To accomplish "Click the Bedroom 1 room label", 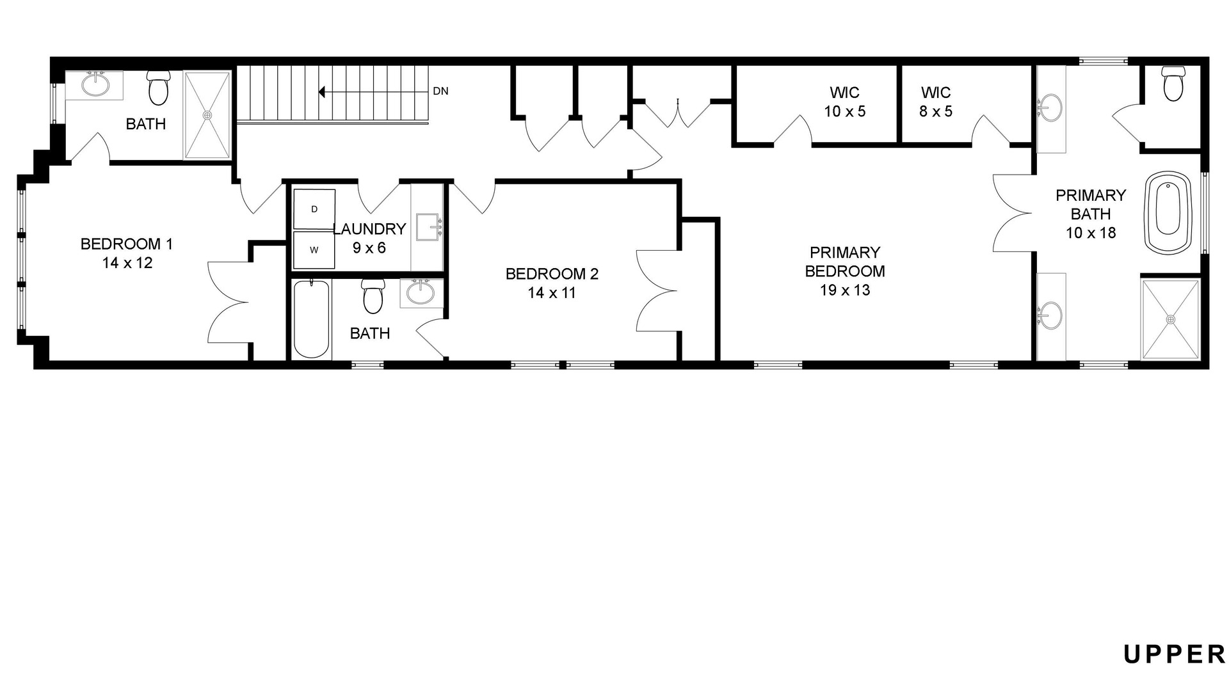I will coord(127,253).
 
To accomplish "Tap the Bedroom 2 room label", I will coord(552,283).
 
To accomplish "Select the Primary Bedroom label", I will coord(845,271).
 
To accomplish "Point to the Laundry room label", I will coord(370,238).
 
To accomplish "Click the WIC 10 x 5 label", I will coord(844,102).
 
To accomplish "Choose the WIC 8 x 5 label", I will coord(936,102).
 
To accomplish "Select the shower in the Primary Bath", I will coord(1170,319).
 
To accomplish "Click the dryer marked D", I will coord(314,209).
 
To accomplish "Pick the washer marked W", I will coord(314,250).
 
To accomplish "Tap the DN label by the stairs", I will coord(440,91).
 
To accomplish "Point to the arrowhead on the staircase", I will coord(322,92).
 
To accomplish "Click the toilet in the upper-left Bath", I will coord(157,88).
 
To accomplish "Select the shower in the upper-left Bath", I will coord(207,115).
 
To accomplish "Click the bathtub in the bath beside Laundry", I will coord(311,319).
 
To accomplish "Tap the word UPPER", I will coord(1175,654).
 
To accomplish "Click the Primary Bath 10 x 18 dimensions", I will coord(1091,233).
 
